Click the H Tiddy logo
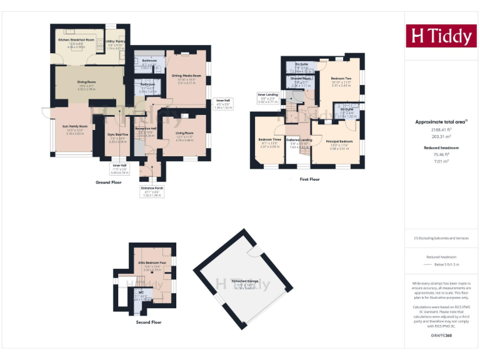441,36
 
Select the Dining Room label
86,82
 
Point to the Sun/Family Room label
75,126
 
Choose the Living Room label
184,133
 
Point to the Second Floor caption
149,322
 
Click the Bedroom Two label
341,78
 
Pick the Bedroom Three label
269,139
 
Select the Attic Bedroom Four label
152,263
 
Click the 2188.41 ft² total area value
441,129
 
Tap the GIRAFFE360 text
441,336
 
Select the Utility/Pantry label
116,41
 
